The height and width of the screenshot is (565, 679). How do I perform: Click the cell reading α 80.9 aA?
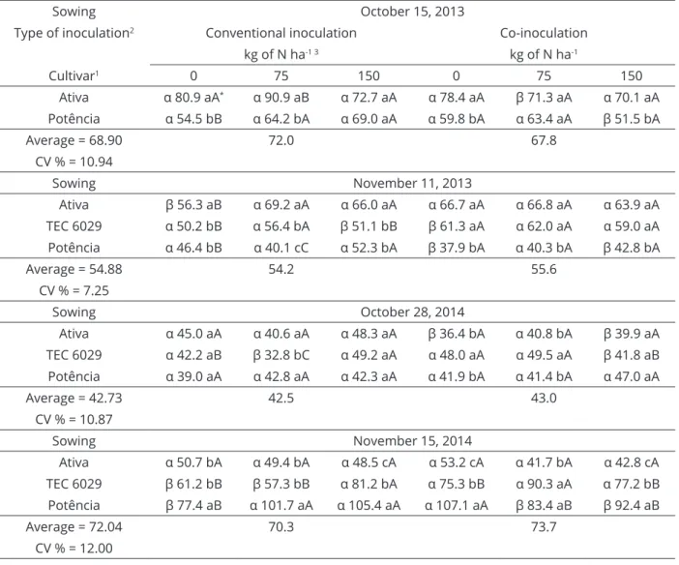point(193,98)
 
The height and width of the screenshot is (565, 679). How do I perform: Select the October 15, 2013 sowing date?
point(412,12)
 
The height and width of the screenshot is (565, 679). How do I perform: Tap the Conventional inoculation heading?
point(281,33)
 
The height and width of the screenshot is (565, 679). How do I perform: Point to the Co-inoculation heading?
point(544,33)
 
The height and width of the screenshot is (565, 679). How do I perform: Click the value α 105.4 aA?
point(369,505)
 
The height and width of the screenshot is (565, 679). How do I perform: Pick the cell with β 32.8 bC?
point(281,355)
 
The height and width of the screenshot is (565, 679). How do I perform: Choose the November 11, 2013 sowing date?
point(412,183)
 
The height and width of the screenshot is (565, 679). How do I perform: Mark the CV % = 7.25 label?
point(74,290)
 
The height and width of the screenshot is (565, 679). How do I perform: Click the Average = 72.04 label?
point(74,527)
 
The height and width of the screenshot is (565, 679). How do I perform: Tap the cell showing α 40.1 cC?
point(281,248)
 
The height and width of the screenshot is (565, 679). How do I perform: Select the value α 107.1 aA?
point(456,505)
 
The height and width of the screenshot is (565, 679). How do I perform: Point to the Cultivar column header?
point(74,75)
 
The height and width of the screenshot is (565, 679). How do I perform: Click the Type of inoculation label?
point(74,33)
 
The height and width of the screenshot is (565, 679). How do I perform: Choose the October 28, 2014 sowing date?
point(412,312)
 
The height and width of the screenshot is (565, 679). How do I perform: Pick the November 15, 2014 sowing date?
point(412,441)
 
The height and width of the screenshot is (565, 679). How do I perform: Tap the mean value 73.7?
point(544,527)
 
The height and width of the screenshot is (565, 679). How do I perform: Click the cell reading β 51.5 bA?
point(632,119)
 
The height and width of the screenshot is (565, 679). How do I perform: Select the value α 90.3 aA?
point(544,484)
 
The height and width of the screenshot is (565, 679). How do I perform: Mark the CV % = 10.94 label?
point(74,162)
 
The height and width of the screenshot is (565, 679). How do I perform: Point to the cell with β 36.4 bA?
point(456,334)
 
